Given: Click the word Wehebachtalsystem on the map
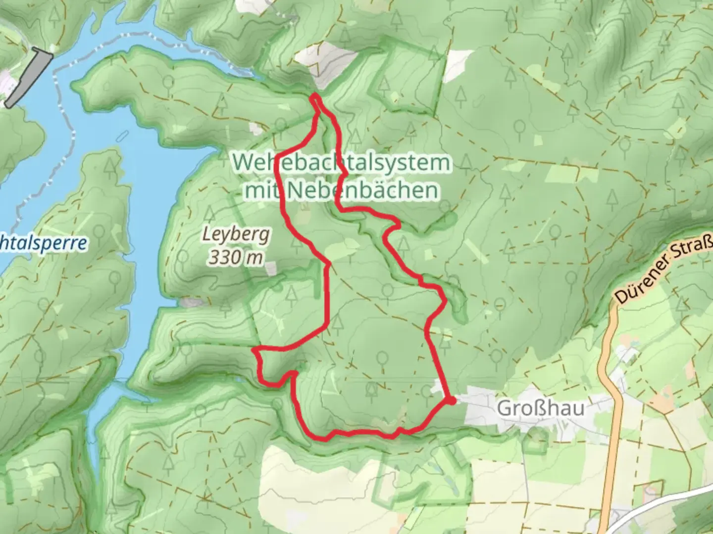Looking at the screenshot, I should tap(342, 162).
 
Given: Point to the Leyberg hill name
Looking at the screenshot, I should tap(236, 234).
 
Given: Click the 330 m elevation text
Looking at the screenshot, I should tap(236, 257).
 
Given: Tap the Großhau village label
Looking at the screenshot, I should tap(540, 408).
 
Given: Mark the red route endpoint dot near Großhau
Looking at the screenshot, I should tap(452, 400).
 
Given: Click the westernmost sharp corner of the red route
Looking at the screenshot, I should tap(255, 351).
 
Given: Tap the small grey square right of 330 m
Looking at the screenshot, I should tap(270, 268).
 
